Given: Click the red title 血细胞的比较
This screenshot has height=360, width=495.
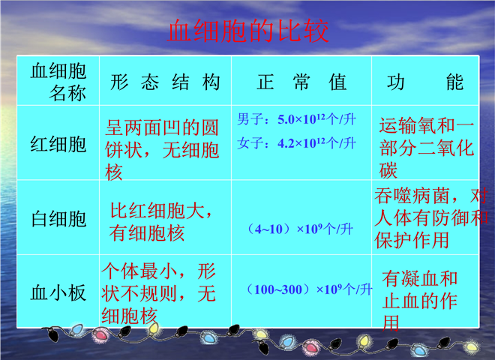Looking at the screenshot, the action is coord(247,31).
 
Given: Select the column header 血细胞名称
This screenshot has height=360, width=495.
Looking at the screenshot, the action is coord(58,82).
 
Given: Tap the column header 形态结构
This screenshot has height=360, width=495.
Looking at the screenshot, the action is coord(165,82).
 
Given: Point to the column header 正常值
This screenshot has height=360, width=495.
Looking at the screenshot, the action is coord(301,82).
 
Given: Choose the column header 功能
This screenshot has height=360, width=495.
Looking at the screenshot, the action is coord(425,82).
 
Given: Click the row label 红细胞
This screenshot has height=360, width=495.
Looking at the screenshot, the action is coord(58,144).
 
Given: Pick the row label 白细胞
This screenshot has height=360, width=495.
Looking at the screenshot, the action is coord(58,219).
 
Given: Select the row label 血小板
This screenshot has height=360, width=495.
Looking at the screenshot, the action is coord(58,292).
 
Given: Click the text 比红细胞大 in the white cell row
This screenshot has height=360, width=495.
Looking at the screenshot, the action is coord(157,210).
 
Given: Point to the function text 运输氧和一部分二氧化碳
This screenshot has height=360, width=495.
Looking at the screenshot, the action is coord(427,148).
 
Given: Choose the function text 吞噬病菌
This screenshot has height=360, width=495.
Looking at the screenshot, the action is coord(412,196).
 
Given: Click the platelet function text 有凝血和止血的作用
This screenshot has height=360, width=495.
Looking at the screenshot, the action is coord(419,301).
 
